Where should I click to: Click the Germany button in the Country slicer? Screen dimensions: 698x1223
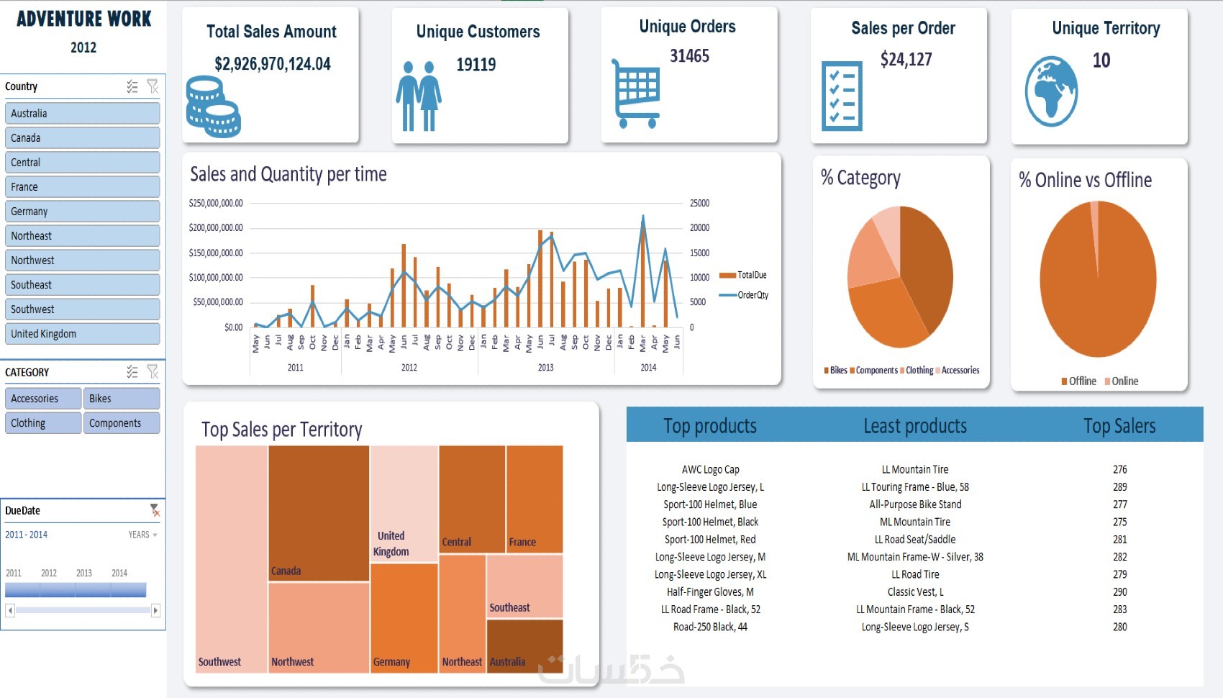pos(82,212)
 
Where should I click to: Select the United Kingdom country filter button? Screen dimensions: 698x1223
pos(82,334)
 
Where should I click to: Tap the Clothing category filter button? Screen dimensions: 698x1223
pos(42,423)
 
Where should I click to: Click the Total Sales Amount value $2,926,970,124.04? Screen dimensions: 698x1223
pos(273,64)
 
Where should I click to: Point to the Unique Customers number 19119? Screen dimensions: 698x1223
pos(476,65)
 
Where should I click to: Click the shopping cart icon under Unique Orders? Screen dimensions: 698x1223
pos(636,94)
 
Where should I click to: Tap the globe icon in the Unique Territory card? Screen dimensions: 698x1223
pos(1051,91)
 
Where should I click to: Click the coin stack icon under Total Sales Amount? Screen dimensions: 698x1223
pos(213,107)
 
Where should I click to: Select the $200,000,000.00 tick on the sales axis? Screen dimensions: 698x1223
pos(216,227)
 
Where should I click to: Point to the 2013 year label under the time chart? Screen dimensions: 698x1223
pos(546,368)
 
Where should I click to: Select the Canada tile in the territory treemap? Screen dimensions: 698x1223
pos(319,512)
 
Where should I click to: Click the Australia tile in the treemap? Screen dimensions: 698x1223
pos(524,645)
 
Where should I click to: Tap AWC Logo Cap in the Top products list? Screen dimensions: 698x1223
pos(711,470)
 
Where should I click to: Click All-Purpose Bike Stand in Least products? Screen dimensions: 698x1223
pos(915,504)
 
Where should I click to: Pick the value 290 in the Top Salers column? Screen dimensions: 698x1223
pos(1120,592)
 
